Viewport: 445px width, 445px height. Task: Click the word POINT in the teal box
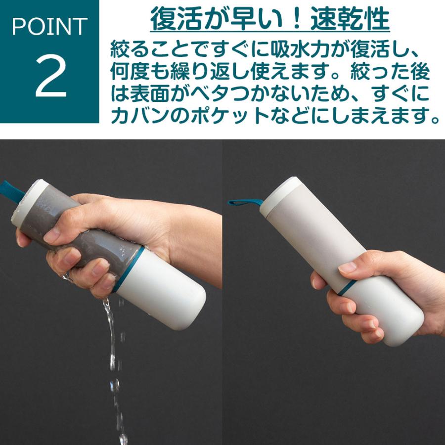pos(49,27)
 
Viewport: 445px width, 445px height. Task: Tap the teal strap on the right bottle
pos(245,202)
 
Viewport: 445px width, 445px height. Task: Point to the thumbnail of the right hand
pos(347,267)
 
